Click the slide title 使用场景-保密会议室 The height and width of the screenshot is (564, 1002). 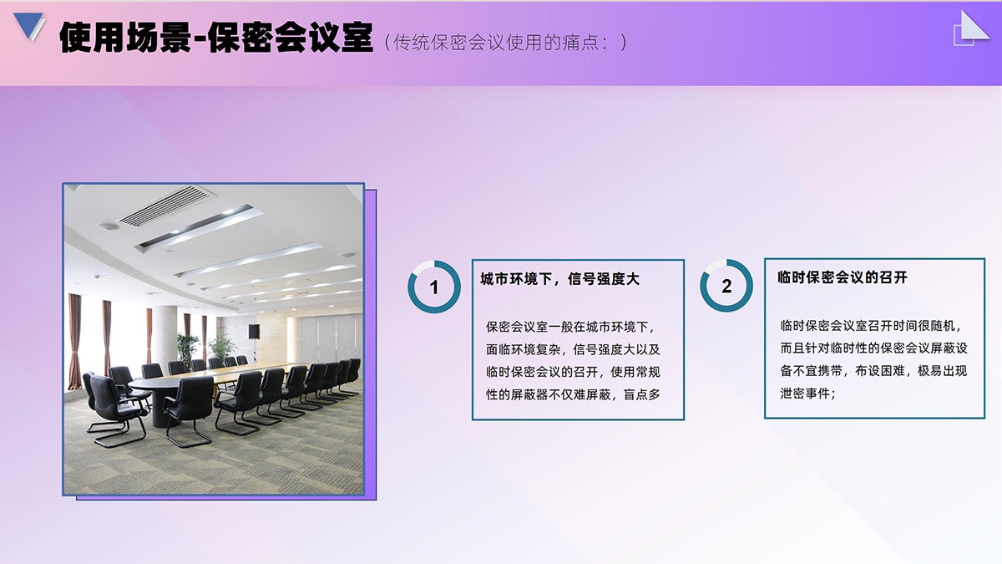216,38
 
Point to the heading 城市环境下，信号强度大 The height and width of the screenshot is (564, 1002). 560,279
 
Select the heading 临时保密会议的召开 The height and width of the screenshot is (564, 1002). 843,277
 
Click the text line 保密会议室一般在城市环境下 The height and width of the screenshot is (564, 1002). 570,327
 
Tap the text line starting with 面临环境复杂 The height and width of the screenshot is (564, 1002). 573,349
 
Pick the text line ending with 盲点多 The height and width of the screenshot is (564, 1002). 573,394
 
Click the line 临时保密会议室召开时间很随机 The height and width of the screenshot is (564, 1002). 870,325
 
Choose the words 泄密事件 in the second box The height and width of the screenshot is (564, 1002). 805,394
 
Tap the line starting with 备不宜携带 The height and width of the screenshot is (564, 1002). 873,371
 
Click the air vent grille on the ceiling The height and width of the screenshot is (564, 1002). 166,206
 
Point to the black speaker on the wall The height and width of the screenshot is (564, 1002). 254,331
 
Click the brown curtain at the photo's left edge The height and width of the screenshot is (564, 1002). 74,341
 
